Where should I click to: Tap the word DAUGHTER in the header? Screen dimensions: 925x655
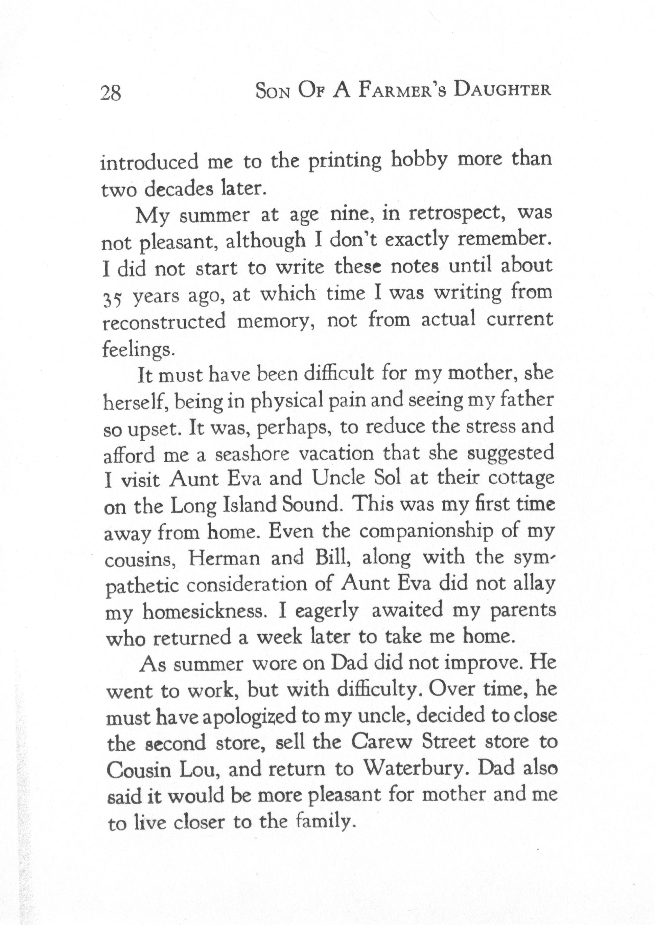[x=502, y=90]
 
